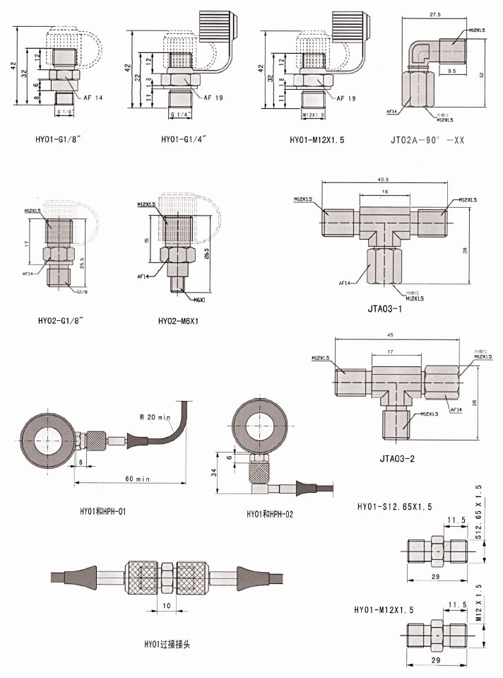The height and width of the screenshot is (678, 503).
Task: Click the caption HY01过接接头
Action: point(167,644)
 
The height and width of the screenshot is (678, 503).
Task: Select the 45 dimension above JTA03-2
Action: point(390,336)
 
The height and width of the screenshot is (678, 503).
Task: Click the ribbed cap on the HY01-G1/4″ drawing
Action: point(218,26)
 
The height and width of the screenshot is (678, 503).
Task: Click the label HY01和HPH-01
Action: point(103,510)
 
